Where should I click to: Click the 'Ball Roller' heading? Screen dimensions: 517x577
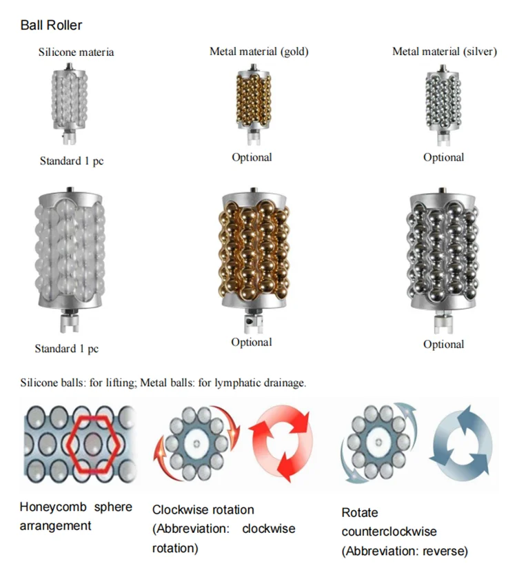coord(51,26)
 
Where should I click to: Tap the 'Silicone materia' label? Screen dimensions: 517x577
coord(77,52)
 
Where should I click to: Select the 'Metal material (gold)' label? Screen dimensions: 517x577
coord(258,52)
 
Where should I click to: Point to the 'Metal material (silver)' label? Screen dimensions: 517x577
coord(444,52)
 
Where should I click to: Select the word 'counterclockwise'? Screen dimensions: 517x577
coord(389,532)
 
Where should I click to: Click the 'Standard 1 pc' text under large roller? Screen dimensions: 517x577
coord(67,349)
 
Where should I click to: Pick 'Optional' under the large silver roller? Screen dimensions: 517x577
coord(443,344)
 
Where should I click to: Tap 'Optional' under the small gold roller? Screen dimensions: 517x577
coord(252,157)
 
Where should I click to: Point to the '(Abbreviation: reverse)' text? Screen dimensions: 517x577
coord(405,551)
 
